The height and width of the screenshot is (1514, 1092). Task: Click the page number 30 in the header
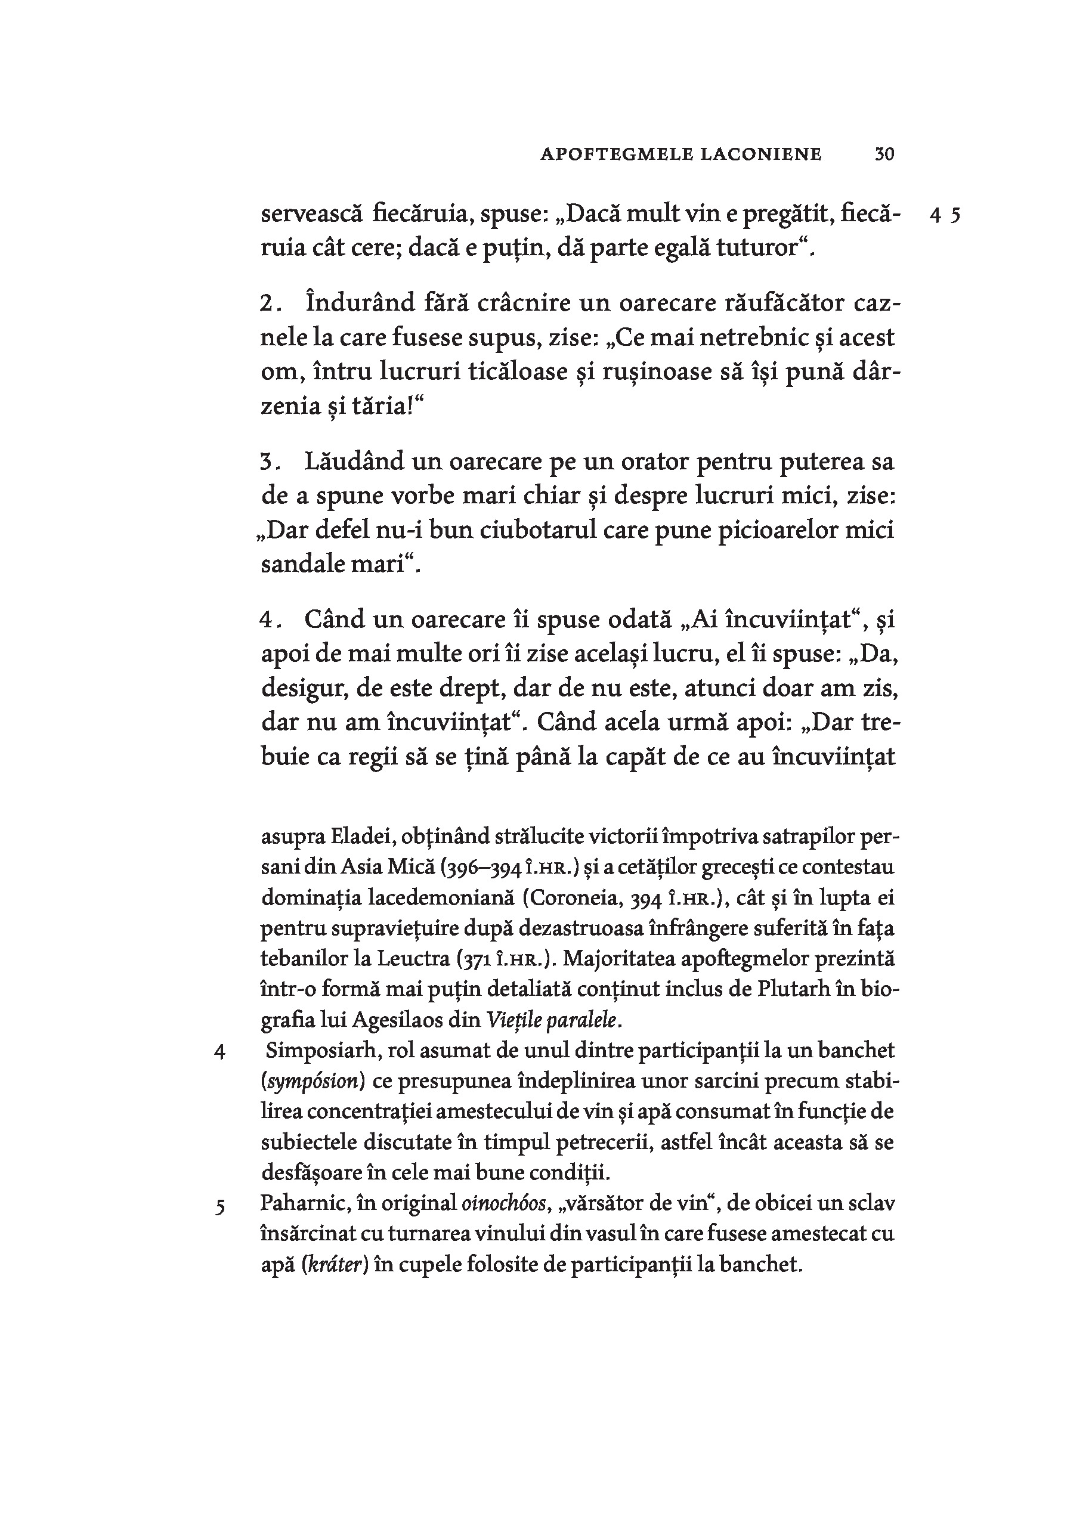click(x=884, y=154)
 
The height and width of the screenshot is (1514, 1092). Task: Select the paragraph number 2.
click(x=268, y=304)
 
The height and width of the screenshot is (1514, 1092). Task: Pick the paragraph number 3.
click(x=268, y=462)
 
